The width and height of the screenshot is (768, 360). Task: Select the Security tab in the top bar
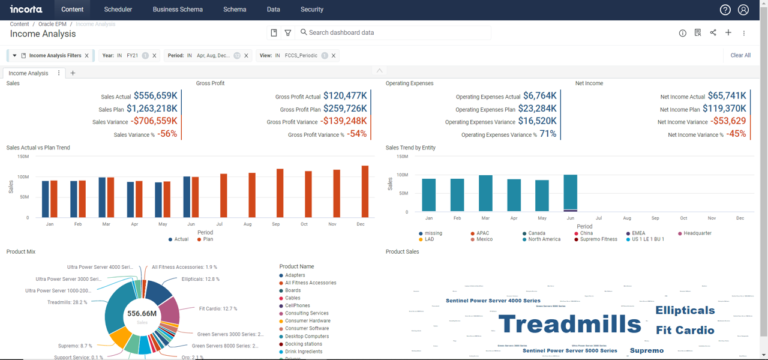pyautogui.click(x=312, y=9)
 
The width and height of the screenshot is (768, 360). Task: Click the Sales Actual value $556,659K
pyautogui.click(x=156, y=95)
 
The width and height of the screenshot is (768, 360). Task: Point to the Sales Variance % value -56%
pyautogui.click(x=168, y=133)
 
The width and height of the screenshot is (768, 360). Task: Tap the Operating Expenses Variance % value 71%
pyautogui.click(x=549, y=133)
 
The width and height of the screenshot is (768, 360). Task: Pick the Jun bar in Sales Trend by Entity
pyautogui.click(x=571, y=192)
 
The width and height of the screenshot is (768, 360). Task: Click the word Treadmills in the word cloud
pyautogui.click(x=569, y=324)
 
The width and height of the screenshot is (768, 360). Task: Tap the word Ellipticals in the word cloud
pyautogui.click(x=686, y=311)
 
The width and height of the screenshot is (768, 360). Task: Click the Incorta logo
pyautogui.click(x=27, y=9)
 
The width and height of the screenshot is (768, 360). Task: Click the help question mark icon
pyautogui.click(x=725, y=10)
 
